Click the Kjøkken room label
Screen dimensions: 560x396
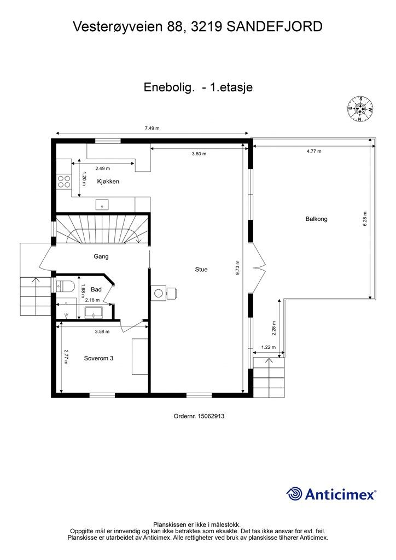click(x=108, y=181)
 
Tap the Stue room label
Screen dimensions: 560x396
click(x=201, y=269)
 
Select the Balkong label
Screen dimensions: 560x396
click(x=316, y=219)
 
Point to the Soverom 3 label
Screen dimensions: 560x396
click(x=99, y=358)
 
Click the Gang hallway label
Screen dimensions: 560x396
click(x=101, y=256)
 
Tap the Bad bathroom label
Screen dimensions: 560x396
click(x=96, y=289)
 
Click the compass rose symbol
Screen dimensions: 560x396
click(x=360, y=109)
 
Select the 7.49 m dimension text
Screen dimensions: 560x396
click(x=152, y=128)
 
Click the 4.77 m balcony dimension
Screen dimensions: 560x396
click(x=314, y=151)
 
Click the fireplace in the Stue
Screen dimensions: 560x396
click(x=164, y=293)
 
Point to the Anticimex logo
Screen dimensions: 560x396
click(x=331, y=494)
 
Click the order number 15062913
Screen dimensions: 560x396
click(x=199, y=416)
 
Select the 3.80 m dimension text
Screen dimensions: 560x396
click(x=199, y=154)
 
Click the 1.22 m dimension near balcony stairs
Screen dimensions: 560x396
click(x=267, y=347)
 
